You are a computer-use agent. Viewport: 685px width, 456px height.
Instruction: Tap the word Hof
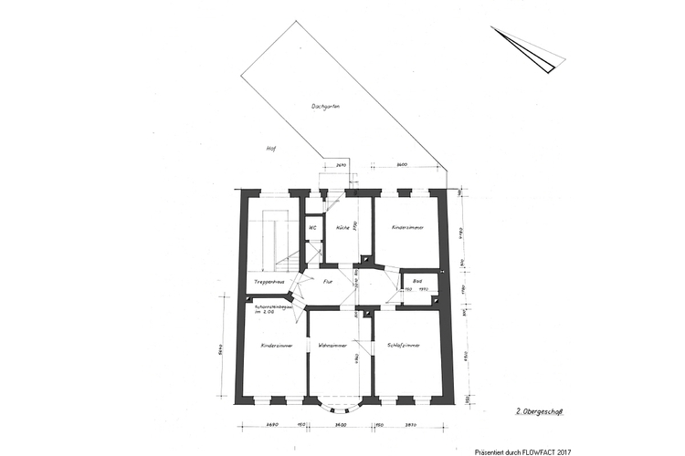click(270, 150)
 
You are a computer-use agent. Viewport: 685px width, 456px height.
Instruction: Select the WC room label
click(311, 228)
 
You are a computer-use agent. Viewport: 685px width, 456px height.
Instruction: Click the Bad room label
click(417, 281)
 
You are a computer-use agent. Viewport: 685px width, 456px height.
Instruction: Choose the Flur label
click(328, 283)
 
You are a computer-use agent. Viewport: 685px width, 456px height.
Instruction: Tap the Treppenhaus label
click(269, 283)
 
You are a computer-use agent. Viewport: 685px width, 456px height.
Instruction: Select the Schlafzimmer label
click(403, 346)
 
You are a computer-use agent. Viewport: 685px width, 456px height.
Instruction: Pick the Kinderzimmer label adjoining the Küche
click(406, 228)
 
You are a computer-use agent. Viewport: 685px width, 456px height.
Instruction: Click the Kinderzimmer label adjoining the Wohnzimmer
click(276, 346)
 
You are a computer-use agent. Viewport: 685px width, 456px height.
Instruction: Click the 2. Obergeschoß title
click(538, 412)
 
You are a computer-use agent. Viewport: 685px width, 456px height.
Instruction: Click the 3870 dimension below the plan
click(409, 425)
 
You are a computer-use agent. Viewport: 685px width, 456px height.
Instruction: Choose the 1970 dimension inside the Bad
click(424, 290)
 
